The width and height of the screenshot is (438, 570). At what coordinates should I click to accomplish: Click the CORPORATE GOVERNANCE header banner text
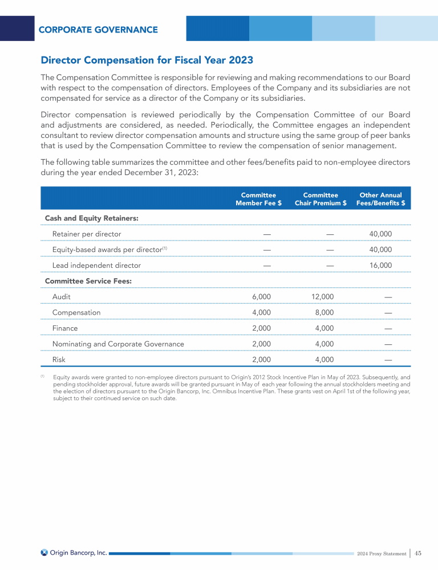point(98,30)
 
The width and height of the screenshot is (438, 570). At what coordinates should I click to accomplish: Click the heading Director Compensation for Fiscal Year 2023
point(147,60)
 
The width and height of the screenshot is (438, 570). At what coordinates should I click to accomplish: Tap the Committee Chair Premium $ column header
point(321,199)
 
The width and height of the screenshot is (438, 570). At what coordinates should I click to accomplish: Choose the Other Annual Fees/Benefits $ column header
point(380,199)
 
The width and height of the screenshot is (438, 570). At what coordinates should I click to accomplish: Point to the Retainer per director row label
point(87,234)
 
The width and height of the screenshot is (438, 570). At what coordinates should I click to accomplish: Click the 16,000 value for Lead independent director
point(381,265)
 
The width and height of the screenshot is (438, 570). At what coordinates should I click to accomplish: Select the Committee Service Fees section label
point(88,281)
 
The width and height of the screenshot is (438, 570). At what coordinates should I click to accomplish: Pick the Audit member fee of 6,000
point(261,297)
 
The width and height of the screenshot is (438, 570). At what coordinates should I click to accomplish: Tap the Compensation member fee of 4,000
point(261,312)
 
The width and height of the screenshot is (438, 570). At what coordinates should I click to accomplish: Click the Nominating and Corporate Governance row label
point(118,344)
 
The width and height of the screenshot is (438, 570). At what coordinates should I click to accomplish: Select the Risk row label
point(59,360)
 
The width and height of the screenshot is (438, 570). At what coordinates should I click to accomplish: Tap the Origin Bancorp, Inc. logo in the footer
point(74,552)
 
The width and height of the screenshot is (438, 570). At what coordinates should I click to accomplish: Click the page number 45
point(418,553)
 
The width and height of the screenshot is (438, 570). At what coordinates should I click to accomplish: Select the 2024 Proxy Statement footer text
point(382,553)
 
